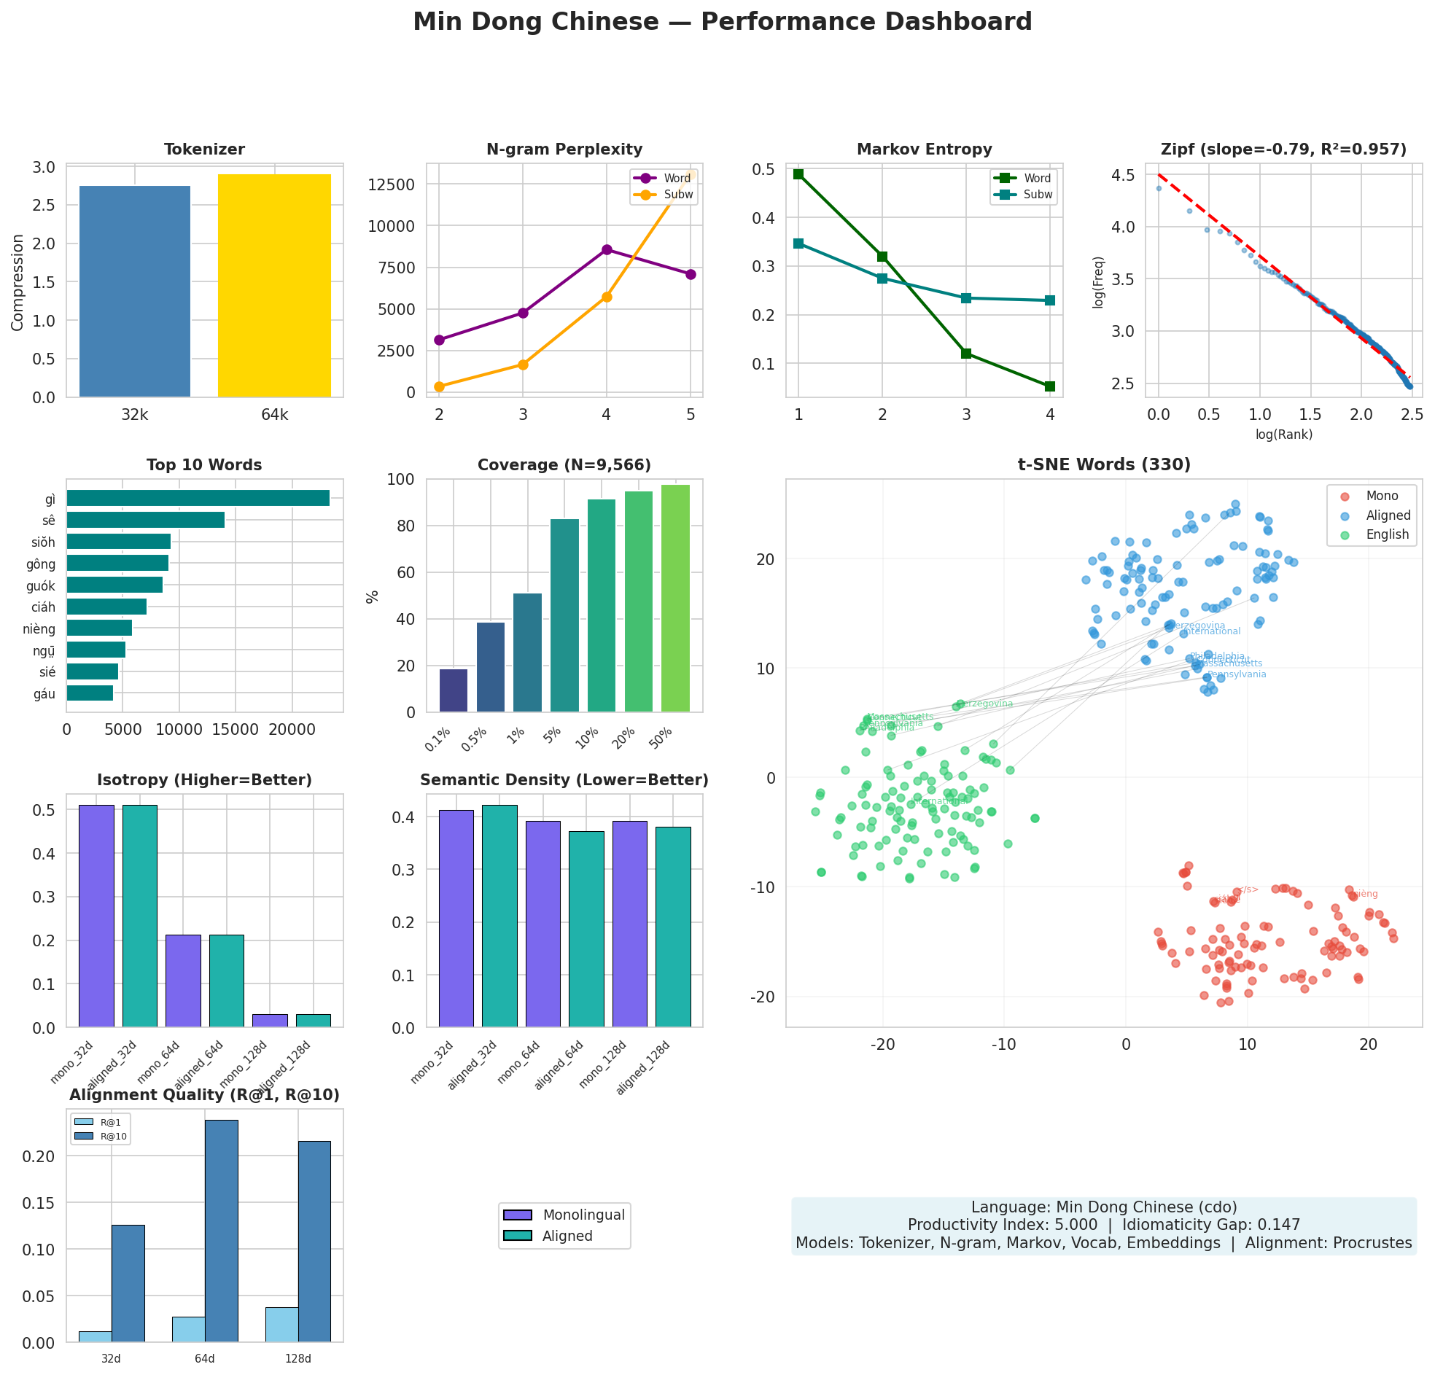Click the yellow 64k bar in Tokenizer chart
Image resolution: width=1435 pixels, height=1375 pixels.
274,286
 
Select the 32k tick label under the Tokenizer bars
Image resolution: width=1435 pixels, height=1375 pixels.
135,415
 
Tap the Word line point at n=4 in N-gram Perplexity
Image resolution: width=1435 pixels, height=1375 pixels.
606,249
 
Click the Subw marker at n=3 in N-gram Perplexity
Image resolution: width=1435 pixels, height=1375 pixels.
523,365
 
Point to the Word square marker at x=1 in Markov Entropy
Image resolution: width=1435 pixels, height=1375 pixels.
798,174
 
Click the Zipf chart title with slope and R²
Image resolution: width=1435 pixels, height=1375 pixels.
1283,149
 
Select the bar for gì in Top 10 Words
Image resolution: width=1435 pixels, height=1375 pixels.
198,499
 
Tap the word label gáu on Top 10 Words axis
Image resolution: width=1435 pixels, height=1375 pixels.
44,694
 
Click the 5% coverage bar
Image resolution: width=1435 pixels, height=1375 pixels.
564,615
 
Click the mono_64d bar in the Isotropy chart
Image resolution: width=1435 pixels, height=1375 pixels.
183,981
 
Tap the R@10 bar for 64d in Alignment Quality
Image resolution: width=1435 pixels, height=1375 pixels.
221,1230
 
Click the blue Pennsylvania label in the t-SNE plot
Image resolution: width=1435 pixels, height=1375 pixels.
1237,674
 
